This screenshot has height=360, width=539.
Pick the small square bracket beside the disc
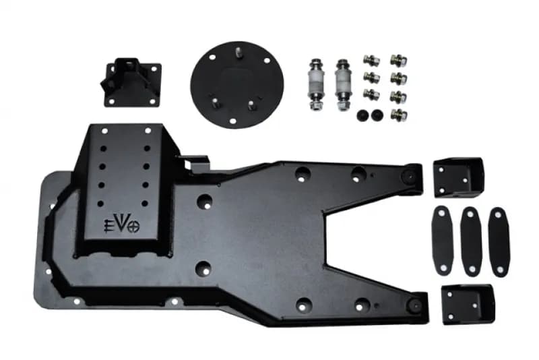pos(132,82)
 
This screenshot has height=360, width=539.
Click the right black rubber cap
pos(377,114)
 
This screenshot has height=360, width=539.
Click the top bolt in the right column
pos(398,61)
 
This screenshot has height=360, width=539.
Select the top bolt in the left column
pos(369,61)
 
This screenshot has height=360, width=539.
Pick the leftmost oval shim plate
pos(443,241)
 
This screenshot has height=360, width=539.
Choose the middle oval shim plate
pos(471,241)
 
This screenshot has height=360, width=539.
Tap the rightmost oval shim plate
pos(499,241)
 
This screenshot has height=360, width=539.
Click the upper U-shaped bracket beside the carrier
pos(459,176)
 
